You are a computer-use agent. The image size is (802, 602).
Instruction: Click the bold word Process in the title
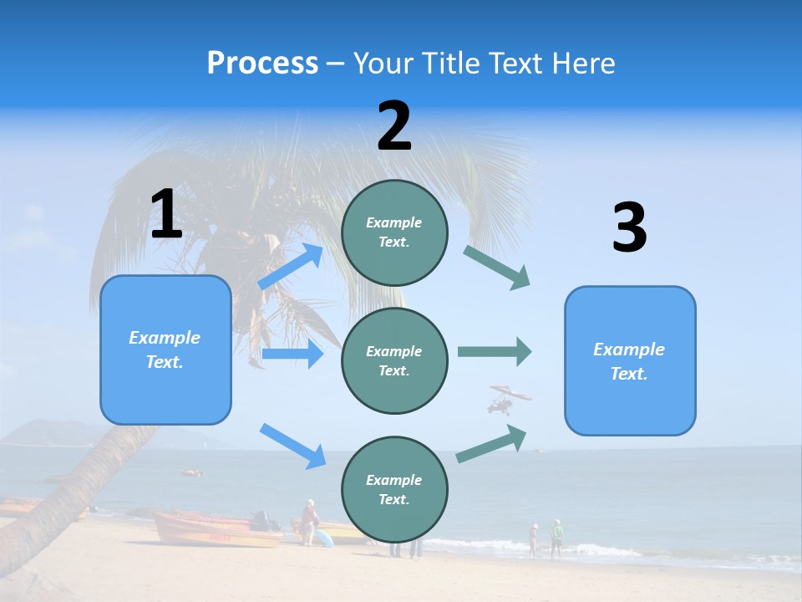tap(262, 63)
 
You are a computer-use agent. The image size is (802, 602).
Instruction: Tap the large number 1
tap(166, 214)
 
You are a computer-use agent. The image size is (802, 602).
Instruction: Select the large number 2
tap(394, 126)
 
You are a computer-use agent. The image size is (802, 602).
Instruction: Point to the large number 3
tap(629, 228)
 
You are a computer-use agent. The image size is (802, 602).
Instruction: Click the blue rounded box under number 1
tap(165, 349)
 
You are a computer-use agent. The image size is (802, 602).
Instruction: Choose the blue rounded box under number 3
tap(630, 360)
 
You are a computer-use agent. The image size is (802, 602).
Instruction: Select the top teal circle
tap(394, 232)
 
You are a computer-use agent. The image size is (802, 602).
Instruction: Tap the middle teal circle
tap(394, 360)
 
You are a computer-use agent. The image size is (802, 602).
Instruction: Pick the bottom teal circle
tap(394, 489)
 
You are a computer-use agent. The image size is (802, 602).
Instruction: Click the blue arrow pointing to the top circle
tap(292, 267)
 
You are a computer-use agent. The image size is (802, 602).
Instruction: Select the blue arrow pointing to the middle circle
tap(292, 355)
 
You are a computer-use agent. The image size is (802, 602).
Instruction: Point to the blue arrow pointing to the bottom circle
tap(293, 446)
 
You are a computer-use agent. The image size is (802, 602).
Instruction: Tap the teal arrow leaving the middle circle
tap(495, 351)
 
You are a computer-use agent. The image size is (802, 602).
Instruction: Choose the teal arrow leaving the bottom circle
tap(492, 443)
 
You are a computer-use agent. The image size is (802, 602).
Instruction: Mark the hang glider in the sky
tap(508, 398)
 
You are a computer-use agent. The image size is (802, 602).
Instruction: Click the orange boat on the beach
tap(216, 529)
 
